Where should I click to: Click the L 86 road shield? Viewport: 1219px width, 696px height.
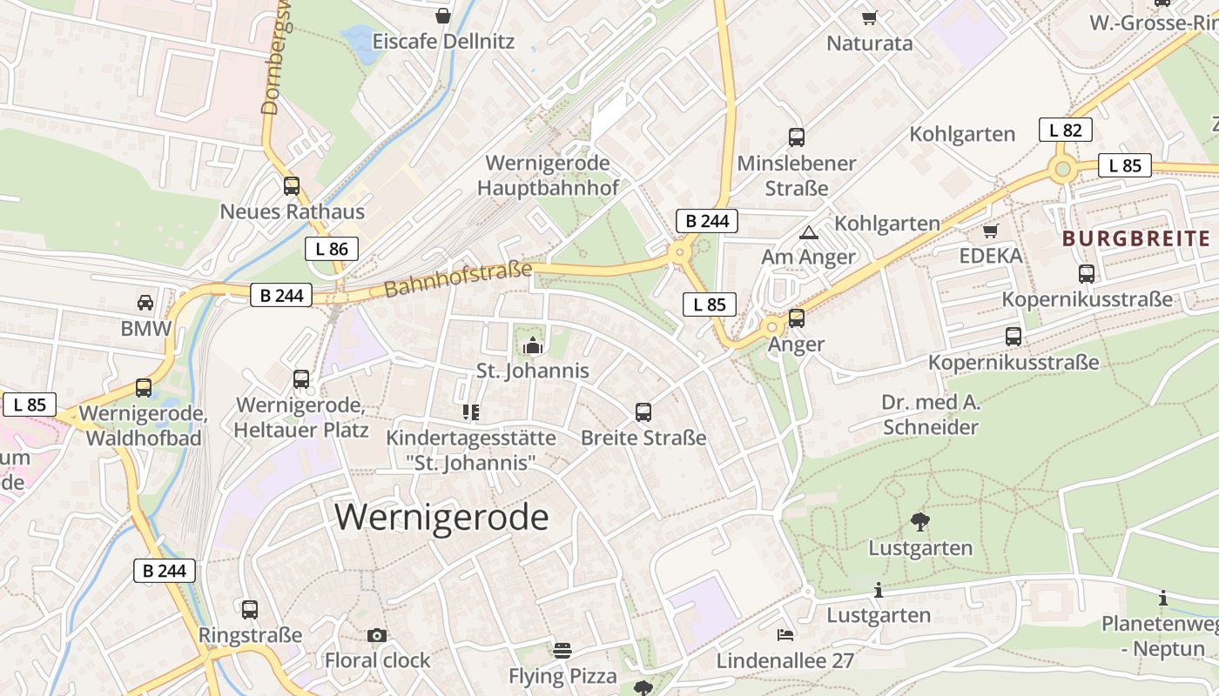tap(332, 249)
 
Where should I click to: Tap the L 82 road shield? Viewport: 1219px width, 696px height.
tap(1065, 130)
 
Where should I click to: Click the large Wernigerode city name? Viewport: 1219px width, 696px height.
tap(441, 518)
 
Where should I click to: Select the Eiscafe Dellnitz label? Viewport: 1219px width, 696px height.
tap(443, 41)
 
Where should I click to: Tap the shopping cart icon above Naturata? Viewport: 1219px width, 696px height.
tap(869, 17)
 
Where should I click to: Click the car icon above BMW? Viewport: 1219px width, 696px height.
tap(145, 303)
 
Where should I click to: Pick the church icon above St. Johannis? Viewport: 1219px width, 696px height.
tap(532, 346)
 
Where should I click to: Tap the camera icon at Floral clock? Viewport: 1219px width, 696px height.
tap(377, 636)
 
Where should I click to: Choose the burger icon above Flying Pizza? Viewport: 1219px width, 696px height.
tap(562, 651)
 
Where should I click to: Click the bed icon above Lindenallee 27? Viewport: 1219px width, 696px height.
tap(785, 635)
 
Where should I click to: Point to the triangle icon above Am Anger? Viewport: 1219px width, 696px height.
tap(809, 232)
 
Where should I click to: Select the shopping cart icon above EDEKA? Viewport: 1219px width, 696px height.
tap(990, 231)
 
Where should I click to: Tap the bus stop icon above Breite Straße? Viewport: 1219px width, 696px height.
tap(643, 412)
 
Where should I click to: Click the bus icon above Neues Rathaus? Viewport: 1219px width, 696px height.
tap(292, 186)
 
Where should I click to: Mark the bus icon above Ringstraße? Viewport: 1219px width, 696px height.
tap(250, 610)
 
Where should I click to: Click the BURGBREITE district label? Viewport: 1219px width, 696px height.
tap(1136, 239)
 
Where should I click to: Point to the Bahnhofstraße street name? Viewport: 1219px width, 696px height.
tap(457, 278)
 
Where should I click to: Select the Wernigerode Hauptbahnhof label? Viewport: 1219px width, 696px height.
tap(548, 175)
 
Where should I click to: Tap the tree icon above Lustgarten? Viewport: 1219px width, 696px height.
tap(919, 522)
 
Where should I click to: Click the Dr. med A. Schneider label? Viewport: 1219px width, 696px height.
tap(931, 415)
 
